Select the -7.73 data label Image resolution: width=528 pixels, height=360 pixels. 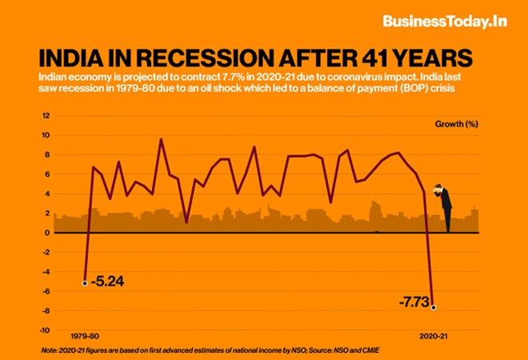point(413,302)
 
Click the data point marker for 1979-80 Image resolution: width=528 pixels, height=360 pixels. point(85,282)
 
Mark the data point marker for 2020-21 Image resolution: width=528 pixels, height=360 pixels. point(434,307)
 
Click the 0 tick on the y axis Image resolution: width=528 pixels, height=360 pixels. point(47,233)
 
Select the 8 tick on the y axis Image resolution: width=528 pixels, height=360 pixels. point(47,154)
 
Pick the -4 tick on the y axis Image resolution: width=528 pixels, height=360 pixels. point(46,272)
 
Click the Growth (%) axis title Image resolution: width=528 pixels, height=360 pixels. point(457,126)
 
